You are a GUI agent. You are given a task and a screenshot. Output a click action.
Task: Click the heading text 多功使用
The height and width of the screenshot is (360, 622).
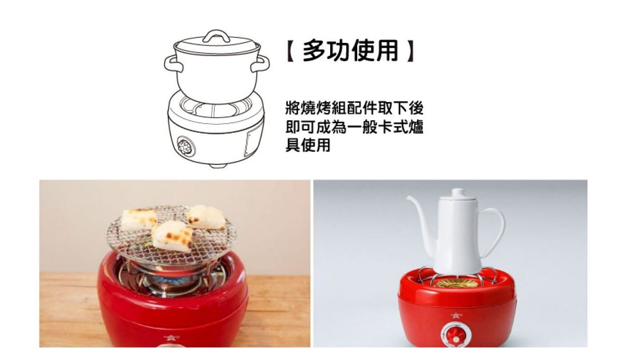click(x=351, y=51)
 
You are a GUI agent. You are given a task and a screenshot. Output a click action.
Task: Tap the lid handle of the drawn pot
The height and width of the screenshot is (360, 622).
click(x=216, y=36)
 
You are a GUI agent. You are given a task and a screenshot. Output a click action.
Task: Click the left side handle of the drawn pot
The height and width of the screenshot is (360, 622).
click(x=174, y=64)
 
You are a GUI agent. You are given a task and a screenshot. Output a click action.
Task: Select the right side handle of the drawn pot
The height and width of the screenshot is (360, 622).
click(x=260, y=64)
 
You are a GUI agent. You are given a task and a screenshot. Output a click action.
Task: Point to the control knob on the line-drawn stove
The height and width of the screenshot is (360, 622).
click(x=186, y=145)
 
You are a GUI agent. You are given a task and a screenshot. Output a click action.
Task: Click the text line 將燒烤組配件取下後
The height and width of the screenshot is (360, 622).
click(x=355, y=108)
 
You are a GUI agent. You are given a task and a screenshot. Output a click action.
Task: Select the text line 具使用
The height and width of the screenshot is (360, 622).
click(x=308, y=145)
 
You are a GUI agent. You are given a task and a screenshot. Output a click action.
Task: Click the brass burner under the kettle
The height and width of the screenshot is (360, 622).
click(x=456, y=283)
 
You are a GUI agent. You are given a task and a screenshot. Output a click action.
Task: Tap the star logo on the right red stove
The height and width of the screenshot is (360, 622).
click(x=456, y=315)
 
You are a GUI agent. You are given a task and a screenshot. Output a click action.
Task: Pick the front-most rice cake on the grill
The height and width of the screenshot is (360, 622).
click(x=172, y=236)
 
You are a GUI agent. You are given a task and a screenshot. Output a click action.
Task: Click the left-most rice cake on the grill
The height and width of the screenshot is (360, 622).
click(x=138, y=220)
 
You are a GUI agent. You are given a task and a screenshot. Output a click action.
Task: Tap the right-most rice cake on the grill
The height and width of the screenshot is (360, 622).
click(x=206, y=217)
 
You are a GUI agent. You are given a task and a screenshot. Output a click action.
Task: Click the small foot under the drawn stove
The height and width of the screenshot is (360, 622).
click(x=217, y=166)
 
